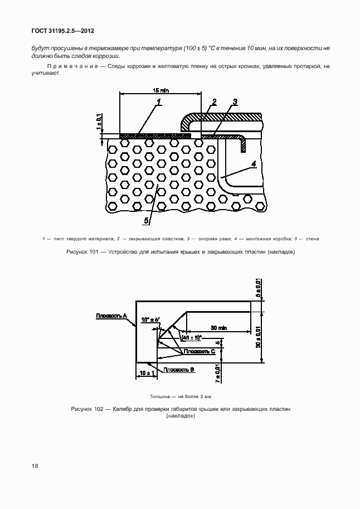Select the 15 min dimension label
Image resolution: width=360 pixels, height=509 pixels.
coord(161,90)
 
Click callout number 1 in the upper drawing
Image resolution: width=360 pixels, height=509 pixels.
coord(159,102)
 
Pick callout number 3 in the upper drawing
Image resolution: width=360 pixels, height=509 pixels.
coord(235,101)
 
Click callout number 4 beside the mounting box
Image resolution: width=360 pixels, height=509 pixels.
coord(254,163)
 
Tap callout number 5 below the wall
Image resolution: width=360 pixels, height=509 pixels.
coord(147,221)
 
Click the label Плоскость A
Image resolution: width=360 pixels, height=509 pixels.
coord(111,316)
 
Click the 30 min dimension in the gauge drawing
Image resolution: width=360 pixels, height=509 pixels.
coord(219,327)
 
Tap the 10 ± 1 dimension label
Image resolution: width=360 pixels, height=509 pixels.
coord(147,372)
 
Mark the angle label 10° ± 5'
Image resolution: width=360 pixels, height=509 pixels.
coord(150,319)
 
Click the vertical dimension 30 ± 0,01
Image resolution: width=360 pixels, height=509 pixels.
coord(258,337)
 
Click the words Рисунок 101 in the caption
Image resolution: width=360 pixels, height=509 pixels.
coord(82,251)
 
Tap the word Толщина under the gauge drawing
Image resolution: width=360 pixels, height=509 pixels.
coord(161,396)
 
